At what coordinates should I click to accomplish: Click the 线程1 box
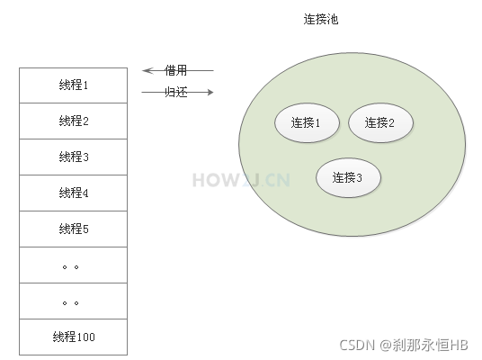[74, 85]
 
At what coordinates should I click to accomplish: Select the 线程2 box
[74, 121]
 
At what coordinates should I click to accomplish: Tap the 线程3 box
[74, 157]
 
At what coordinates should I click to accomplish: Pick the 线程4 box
[74, 193]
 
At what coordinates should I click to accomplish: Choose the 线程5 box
[74, 229]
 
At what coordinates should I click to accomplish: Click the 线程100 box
[74, 337]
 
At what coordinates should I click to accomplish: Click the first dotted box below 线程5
[74, 265]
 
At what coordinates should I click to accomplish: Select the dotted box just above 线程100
[74, 301]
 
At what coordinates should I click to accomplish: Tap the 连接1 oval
[307, 123]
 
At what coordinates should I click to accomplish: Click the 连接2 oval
[379, 123]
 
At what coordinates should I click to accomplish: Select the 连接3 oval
[347, 177]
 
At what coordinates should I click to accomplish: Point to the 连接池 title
[320, 19]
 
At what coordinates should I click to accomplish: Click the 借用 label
[176, 70]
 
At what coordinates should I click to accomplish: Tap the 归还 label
[176, 92]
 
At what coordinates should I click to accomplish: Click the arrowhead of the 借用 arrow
[146, 70]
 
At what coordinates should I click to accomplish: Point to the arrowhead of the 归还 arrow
[210, 92]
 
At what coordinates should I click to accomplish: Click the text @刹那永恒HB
[424, 344]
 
